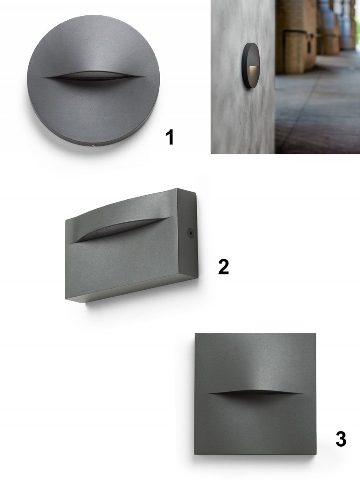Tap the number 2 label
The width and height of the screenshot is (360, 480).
point(224,267)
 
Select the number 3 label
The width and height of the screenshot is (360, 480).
point(341,439)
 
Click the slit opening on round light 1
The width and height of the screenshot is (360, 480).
point(93,76)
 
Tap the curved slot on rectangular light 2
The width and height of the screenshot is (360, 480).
point(122,229)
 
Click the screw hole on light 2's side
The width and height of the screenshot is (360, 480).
point(191,233)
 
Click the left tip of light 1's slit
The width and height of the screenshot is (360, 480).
point(44,77)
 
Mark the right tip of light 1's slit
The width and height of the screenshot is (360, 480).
point(144,76)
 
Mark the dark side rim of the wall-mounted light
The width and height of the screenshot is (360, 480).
point(245,66)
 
